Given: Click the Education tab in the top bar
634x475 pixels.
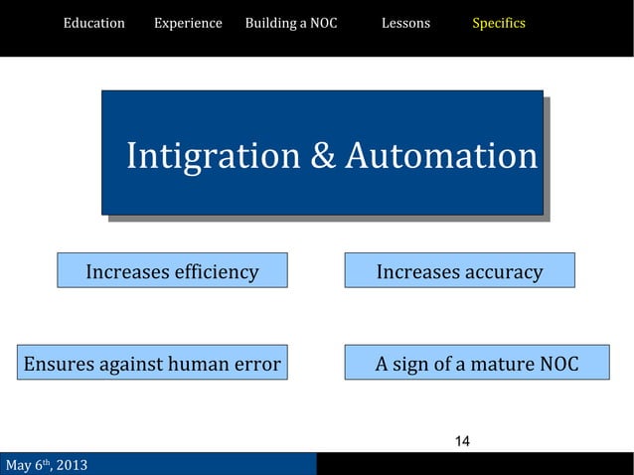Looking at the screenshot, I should [x=94, y=23].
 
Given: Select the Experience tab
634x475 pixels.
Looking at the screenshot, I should [x=188, y=23].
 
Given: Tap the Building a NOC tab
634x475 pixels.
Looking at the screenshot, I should [x=290, y=23].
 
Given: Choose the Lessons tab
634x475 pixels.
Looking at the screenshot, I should [x=405, y=23].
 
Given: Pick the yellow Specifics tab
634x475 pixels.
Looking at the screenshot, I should [x=499, y=23].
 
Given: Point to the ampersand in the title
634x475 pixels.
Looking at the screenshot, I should [x=322, y=156].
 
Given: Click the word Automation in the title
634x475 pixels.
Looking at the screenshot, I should [x=440, y=156].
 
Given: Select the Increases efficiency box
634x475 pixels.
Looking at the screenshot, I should [x=172, y=271].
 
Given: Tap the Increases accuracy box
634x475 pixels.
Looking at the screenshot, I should [x=459, y=271].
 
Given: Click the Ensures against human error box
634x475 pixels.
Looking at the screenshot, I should [x=152, y=364].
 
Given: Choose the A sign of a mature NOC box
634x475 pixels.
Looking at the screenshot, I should [x=477, y=364].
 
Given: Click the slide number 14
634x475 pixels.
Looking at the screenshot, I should [x=462, y=441].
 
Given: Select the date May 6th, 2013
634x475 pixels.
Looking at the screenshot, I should [x=47, y=465].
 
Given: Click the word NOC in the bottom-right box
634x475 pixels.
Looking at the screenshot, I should [x=558, y=364].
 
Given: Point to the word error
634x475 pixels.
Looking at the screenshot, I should [x=258, y=364].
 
